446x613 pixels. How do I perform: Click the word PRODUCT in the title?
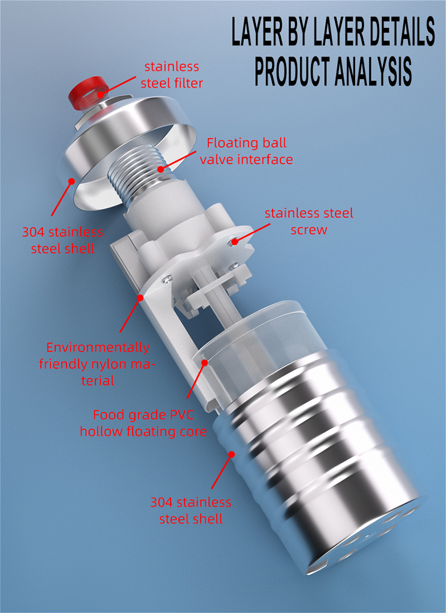coord(292,71)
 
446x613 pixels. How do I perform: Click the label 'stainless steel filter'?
coord(172,75)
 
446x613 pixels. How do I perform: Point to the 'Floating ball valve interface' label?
coord(246,151)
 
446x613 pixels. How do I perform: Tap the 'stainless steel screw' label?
coord(309,221)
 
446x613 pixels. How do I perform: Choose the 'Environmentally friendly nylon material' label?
coord(98,364)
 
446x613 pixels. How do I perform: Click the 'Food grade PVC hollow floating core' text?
coord(143,423)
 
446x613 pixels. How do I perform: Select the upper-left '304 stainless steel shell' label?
coord(62,240)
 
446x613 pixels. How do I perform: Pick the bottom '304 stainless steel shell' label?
coord(191,511)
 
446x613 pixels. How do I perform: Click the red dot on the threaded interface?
coord(161,169)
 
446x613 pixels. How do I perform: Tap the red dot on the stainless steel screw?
coord(234,241)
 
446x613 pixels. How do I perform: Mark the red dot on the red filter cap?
coord(101,94)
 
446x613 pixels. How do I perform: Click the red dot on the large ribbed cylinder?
coord(231,454)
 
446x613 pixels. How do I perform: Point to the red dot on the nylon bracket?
coord(140,297)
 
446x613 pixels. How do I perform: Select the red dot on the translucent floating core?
coord(205,363)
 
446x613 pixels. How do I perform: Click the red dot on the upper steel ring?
coord(71,181)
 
